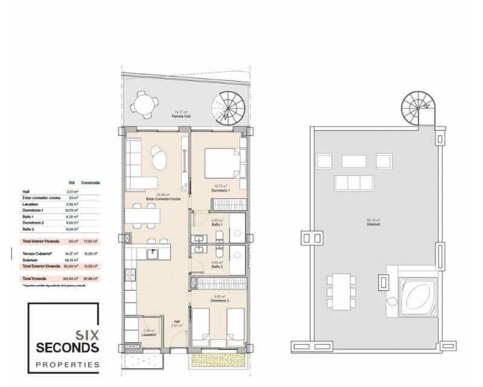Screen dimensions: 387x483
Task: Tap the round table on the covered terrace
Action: (145, 104)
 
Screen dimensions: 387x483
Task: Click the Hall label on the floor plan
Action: (176, 324)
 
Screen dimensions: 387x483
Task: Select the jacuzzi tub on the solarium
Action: (417, 297)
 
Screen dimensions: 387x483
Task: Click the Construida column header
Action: (91, 182)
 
